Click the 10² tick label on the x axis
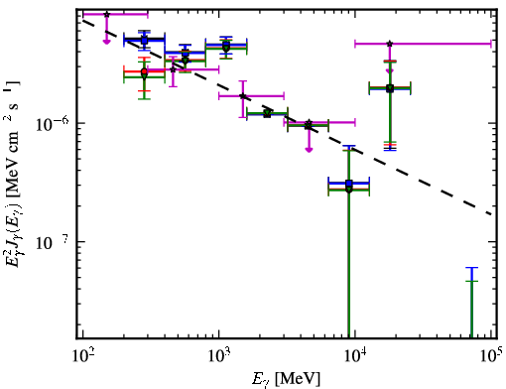tap(82, 356)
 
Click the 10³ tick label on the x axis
tap(219, 356)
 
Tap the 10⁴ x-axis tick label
tap(355, 356)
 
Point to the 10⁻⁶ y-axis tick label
tap(53, 124)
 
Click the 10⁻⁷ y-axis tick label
tap(53, 243)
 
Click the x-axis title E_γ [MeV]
tap(286, 379)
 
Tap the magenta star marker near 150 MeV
tap(106, 15)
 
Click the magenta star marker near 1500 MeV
tap(243, 96)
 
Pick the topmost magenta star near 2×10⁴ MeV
tap(390, 44)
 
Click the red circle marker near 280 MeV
tap(144, 71)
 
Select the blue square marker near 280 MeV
tap(144, 41)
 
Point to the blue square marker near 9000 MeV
tap(349, 183)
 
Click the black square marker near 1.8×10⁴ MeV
tap(390, 88)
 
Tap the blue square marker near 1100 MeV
tap(226, 45)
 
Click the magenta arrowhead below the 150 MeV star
tap(106, 42)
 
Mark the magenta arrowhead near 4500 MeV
tap(309, 150)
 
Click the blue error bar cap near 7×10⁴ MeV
tap(471, 268)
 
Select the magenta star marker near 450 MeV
tap(173, 69)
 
